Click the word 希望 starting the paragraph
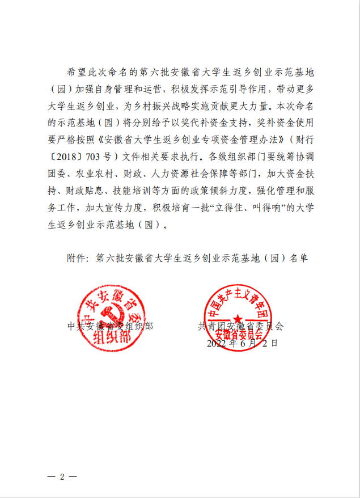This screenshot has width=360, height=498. (x=74, y=73)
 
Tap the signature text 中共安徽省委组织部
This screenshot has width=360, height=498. (x=110, y=327)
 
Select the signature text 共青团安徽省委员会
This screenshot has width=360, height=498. (x=240, y=327)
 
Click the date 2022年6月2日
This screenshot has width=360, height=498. (x=242, y=343)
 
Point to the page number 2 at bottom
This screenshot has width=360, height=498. (x=62, y=477)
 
